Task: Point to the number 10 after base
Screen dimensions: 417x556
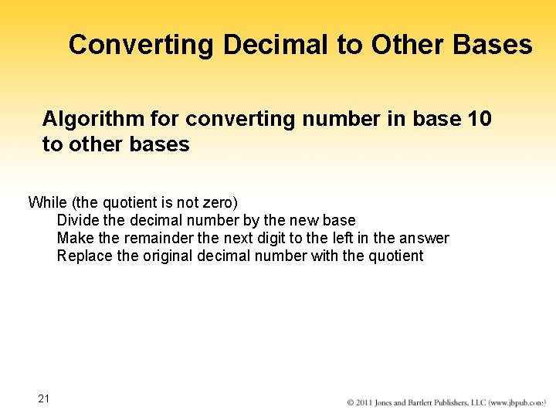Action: pyautogui.click(x=479, y=119)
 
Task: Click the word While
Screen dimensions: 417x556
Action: pyautogui.click(x=47, y=202)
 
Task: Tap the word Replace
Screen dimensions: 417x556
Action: pyautogui.click(x=85, y=256)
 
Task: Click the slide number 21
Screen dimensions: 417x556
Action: pyautogui.click(x=44, y=398)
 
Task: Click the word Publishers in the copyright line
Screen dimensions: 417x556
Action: pyautogui.click(x=469, y=403)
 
